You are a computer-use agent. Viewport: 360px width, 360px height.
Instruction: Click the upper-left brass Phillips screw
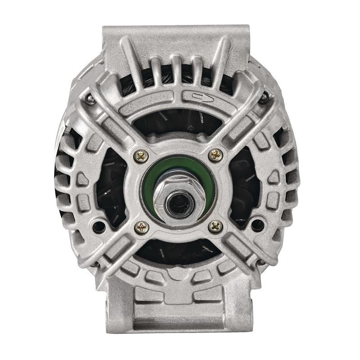tap(141, 156)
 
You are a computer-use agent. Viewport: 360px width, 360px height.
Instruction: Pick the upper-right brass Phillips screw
tap(216, 155)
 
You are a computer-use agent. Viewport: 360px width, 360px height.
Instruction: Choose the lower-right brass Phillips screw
tap(216, 226)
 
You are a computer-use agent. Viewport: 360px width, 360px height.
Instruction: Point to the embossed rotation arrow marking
tap(197, 95)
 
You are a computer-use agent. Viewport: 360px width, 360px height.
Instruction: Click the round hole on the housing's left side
tap(98, 225)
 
